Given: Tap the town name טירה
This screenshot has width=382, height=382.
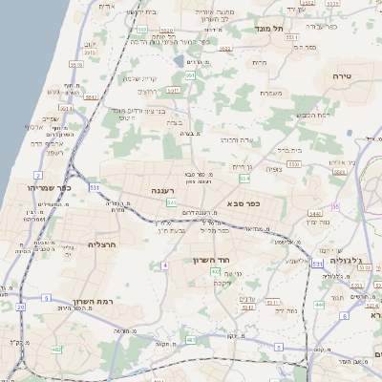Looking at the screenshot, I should coord(345,75).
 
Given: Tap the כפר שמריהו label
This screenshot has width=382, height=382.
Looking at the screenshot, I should coord(50,188).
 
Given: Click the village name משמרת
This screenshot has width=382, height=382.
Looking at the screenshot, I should coord(269,94).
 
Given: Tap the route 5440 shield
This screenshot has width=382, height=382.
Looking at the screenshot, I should coord(314,215).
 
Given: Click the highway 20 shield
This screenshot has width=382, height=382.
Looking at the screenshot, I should coord(20,307).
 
